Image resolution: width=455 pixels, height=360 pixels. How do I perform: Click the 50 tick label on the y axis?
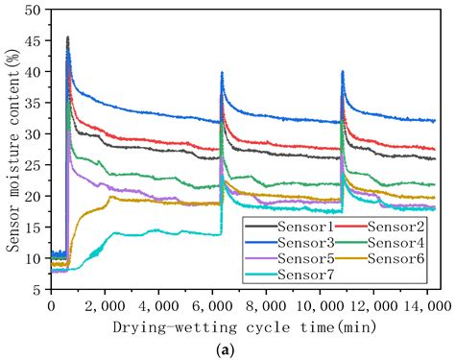coord(35,10)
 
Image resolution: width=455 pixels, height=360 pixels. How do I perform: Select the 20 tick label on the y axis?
coord(35,196)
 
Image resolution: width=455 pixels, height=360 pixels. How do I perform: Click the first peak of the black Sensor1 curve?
coord(67,38)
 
